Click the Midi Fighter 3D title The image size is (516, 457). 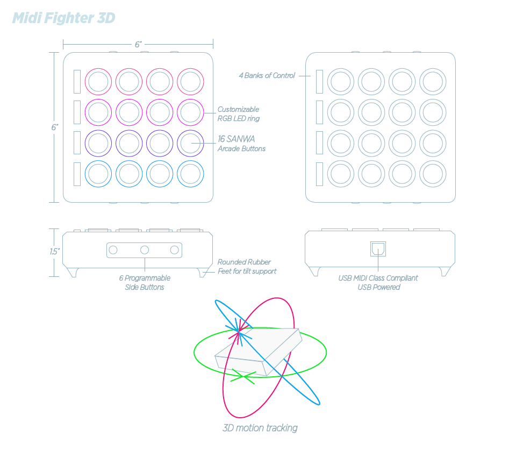(63, 18)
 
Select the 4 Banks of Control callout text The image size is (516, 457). (267, 76)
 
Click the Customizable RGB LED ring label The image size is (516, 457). (238, 114)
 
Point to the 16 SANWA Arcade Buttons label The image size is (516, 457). (241, 144)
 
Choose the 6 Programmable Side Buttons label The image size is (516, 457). (145, 282)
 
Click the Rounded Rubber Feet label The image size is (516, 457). (247, 267)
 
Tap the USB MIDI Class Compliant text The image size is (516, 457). (378, 278)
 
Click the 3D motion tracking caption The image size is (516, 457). (260, 428)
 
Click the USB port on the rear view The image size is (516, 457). (378, 248)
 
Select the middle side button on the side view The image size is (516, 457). (144, 250)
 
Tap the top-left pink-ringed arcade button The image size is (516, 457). (98, 82)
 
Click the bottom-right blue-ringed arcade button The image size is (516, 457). (190, 174)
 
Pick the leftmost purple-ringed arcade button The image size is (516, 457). (98, 143)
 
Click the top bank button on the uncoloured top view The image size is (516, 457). (319, 82)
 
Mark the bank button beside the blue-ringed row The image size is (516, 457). (77, 174)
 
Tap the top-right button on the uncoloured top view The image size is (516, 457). (433, 82)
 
